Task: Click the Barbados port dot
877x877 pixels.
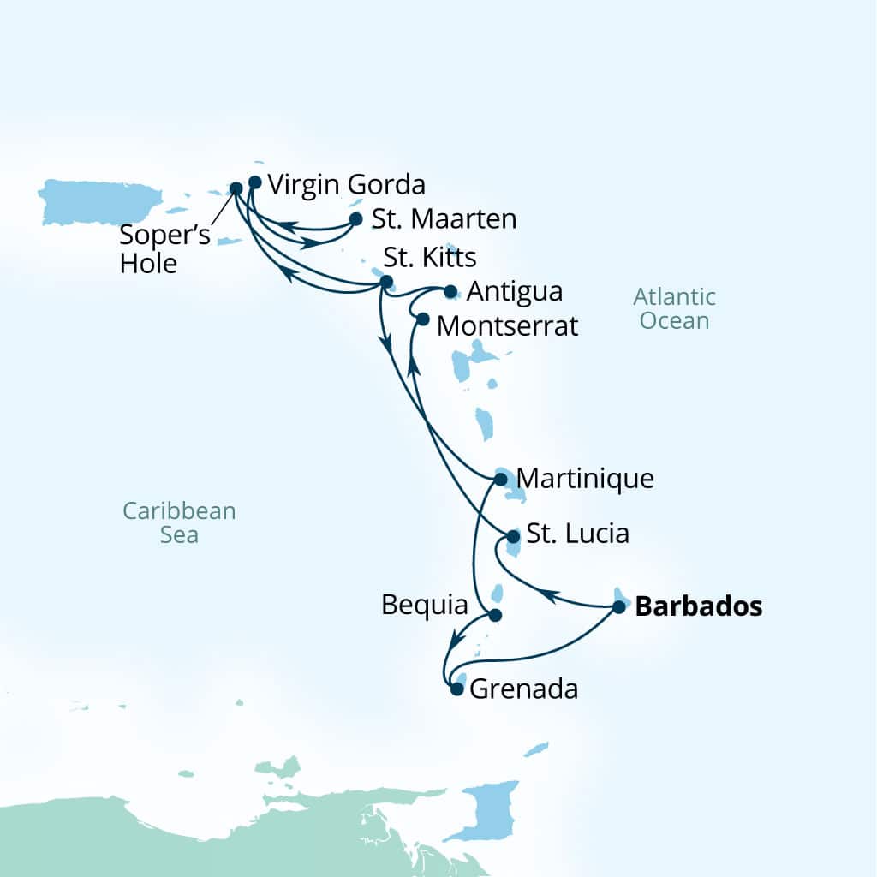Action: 619,607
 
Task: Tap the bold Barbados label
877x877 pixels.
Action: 698,607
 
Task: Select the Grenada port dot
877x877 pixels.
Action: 456,688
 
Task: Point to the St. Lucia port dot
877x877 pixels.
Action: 512,537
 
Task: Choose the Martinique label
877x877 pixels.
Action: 586,478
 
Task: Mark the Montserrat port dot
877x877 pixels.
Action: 422,319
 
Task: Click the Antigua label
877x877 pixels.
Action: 516,291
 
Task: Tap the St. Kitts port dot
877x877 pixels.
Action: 386,281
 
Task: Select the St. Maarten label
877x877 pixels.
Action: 444,219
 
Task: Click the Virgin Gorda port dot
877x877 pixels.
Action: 254,182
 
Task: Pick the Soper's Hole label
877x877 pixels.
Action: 152,249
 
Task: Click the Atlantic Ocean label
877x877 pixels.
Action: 674,309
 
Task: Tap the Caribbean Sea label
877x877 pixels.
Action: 179,522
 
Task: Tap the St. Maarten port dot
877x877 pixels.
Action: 356,219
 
